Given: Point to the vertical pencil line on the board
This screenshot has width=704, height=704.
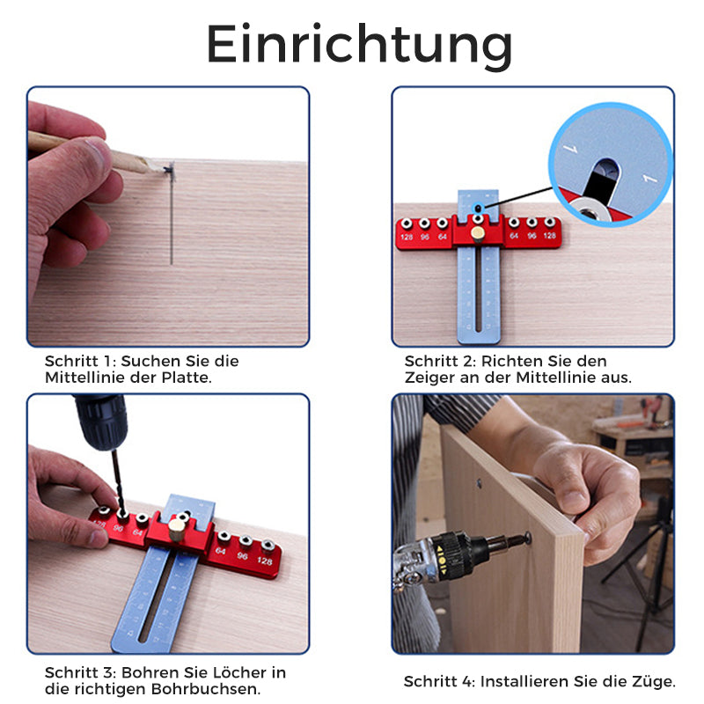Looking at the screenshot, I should (172, 220).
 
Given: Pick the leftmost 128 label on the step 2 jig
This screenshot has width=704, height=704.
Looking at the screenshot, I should (407, 237).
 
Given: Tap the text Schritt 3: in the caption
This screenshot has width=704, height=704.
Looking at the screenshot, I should (78, 672).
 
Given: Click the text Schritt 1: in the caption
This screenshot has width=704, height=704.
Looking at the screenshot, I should (79, 361).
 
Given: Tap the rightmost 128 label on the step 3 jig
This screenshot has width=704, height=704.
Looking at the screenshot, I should (265, 561).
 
